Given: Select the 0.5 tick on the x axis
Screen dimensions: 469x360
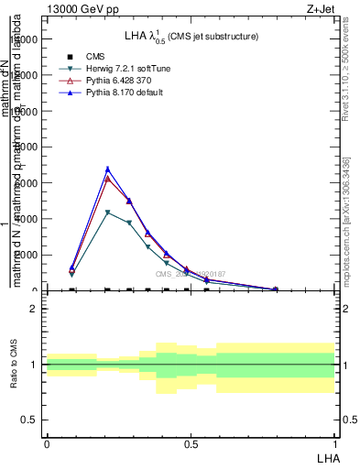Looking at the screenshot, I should [x=191, y=443].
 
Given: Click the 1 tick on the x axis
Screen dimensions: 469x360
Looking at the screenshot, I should [x=335, y=443].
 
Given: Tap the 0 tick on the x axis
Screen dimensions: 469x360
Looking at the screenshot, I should [x=47, y=443].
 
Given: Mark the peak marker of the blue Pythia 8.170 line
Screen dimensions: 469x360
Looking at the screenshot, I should [x=108, y=169].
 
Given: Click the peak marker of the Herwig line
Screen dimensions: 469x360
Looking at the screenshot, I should [x=108, y=213].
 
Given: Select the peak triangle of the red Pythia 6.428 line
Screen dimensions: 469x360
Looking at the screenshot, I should [x=108, y=179].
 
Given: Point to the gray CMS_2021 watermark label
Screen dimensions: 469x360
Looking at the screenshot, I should [x=189, y=274].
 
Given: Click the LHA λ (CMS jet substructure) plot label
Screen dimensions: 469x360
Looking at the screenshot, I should [x=191, y=37].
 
